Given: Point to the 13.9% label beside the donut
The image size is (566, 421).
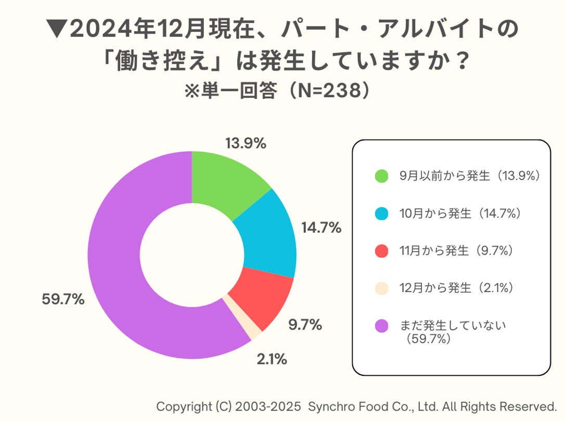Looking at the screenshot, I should pos(246,144).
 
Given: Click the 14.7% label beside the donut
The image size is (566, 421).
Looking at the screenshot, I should pos(321,228).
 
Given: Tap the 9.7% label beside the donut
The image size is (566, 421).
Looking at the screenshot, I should pos(305,325).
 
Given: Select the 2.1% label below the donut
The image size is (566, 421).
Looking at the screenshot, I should pos(271,359).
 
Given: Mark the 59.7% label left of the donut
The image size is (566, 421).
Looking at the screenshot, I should pos(63,300).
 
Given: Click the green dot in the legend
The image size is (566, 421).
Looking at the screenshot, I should pos(381,176).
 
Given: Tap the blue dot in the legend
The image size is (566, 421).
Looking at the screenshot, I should pos(381,214).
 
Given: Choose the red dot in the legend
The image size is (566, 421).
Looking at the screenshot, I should pos(381,251).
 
